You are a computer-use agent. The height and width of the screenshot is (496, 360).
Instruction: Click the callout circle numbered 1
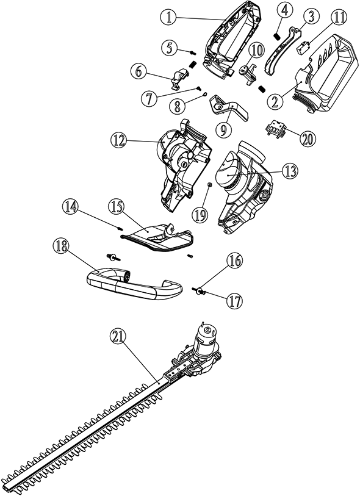(170, 18)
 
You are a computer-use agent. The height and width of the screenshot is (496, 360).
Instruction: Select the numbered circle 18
(62, 246)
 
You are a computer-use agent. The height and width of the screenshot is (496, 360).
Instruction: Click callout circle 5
(170, 48)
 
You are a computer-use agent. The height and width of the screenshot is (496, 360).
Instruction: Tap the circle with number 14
(70, 207)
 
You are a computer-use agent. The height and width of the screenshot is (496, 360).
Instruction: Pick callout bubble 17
(234, 301)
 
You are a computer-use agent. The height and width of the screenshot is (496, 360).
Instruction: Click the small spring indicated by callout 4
(278, 37)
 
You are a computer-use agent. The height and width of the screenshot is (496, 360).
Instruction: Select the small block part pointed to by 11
(303, 48)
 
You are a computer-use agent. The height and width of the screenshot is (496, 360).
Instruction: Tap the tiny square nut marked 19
(209, 184)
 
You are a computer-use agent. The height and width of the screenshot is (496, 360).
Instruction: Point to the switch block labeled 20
(275, 131)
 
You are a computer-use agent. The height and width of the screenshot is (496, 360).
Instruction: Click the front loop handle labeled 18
(134, 283)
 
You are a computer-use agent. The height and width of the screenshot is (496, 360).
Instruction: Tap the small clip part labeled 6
(179, 79)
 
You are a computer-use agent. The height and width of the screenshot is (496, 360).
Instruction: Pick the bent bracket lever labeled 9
(229, 107)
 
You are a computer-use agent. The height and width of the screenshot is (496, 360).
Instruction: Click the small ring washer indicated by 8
(204, 94)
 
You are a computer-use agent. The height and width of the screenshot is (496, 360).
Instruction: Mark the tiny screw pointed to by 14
(120, 228)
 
